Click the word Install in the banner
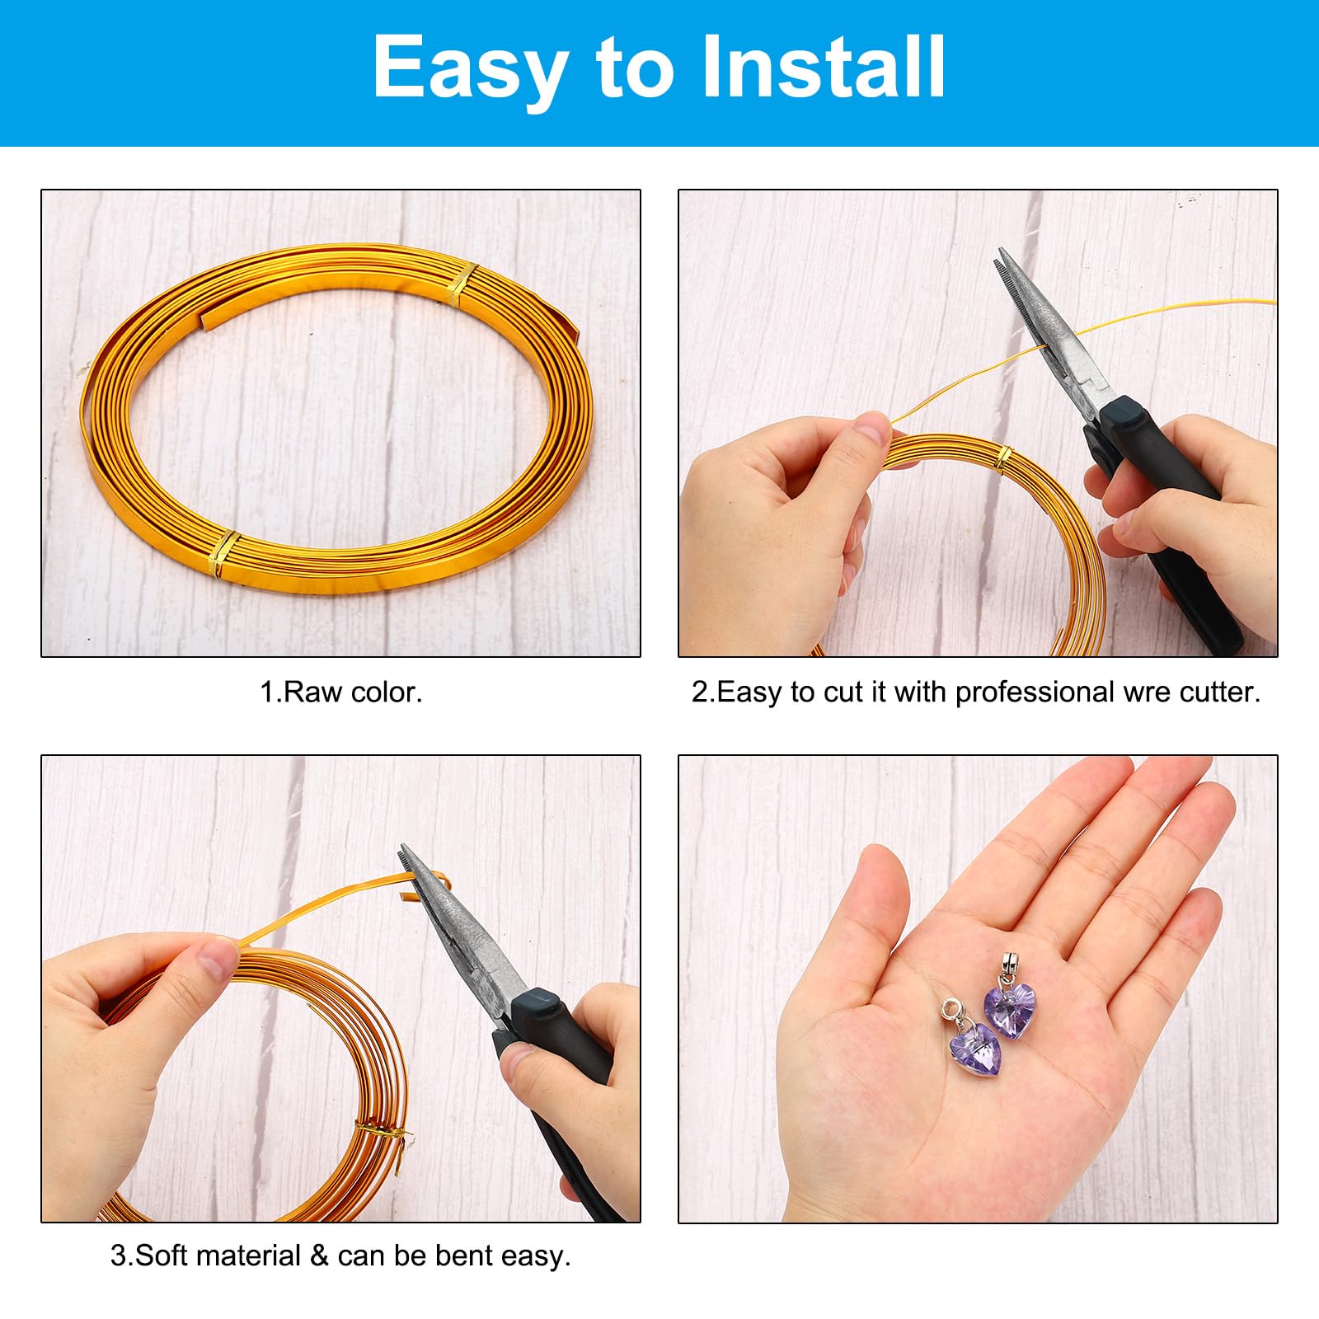click(824, 67)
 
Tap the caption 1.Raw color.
click(340, 692)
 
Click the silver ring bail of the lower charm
click(952, 1008)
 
